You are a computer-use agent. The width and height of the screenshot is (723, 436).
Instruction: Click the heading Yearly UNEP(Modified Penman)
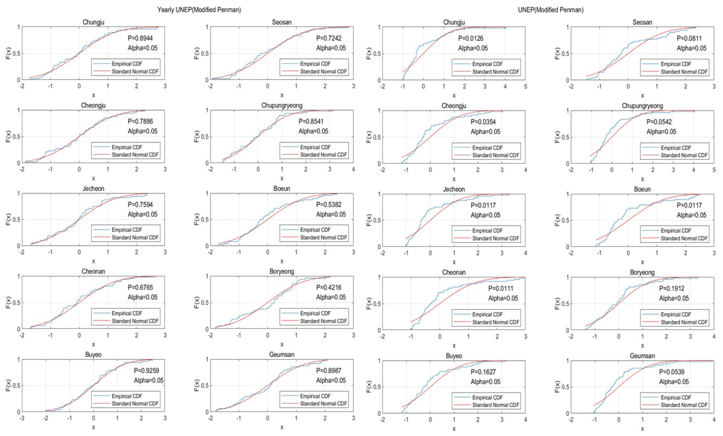click(199, 10)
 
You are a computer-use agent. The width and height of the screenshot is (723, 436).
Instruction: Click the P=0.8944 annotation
click(140, 38)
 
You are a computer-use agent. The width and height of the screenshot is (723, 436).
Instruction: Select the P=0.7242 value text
click(328, 38)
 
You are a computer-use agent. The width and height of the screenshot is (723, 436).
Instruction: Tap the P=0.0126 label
click(471, 38)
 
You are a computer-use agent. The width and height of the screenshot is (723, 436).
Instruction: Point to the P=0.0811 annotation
click(689, 38)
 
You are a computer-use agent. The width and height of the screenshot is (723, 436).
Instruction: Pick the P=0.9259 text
click(146, 370)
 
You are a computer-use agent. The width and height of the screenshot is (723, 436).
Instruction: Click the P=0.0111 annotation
click(501, 288)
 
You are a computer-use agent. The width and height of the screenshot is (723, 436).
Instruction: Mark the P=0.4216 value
click(328, 287)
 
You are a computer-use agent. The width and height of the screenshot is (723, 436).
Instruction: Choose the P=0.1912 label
click(671, 288)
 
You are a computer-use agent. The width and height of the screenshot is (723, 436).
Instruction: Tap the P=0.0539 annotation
click(671, 372)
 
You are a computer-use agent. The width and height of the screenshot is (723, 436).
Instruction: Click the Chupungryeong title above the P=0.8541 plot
click(282, 105)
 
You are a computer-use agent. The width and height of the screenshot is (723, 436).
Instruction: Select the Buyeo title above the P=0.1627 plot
click(454, 356)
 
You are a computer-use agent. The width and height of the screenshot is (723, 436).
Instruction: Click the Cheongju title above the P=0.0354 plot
click(454, 106)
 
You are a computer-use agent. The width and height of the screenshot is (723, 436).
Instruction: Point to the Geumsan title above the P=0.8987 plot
click(282, 355)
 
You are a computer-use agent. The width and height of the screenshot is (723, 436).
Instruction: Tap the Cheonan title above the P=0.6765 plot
click(93, 271)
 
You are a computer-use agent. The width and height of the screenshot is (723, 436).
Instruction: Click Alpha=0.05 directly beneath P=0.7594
click(142, 214)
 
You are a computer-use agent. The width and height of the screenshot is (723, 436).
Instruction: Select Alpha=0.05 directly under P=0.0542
click(661, 132)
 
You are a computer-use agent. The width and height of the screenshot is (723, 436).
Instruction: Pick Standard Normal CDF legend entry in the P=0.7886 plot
click(135, 155)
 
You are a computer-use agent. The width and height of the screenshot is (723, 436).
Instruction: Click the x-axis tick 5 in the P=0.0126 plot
click(525, 86)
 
